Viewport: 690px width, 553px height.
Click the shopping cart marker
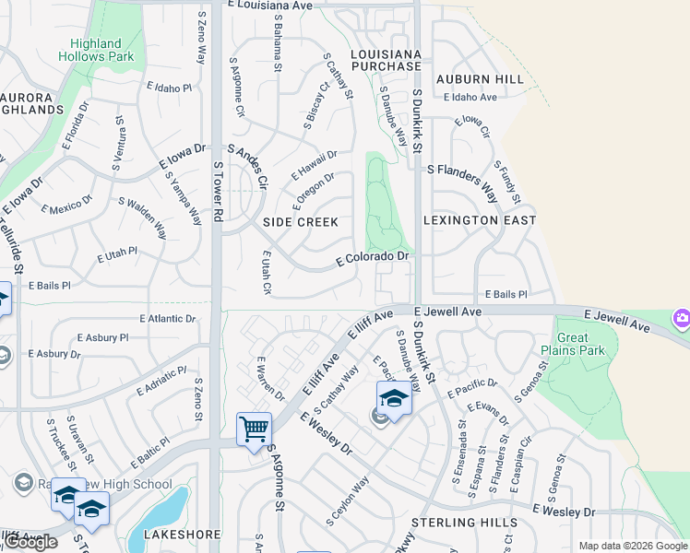pyautogui.click(x=254, y=429)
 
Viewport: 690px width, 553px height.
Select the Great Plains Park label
pyautogui.click(x=573, y=344)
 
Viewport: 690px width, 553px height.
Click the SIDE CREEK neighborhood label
pyautogui.click(x=301, y=222)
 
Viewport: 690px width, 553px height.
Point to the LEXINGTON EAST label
pyautogui.click(x=480, y=220)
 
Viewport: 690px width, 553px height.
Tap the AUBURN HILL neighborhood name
pyautogui.click(x=480, y=79)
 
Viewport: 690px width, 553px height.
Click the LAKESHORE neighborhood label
pyautogui.click(x=183, y=535)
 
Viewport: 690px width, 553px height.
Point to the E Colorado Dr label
pyautogui.click(x=372, y=259)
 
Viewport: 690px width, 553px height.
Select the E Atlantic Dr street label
pyautogui.click(x=168, y=319)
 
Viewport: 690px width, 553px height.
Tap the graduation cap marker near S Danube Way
pyautogui.click(x=393, y=398)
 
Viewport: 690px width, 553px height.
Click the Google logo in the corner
pyautogui.click(x=31, y=542)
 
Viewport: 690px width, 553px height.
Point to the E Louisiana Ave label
pyautogui.click(x=269, y=6)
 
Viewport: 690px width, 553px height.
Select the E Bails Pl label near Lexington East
pyautogui.click(x=506, y=294)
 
